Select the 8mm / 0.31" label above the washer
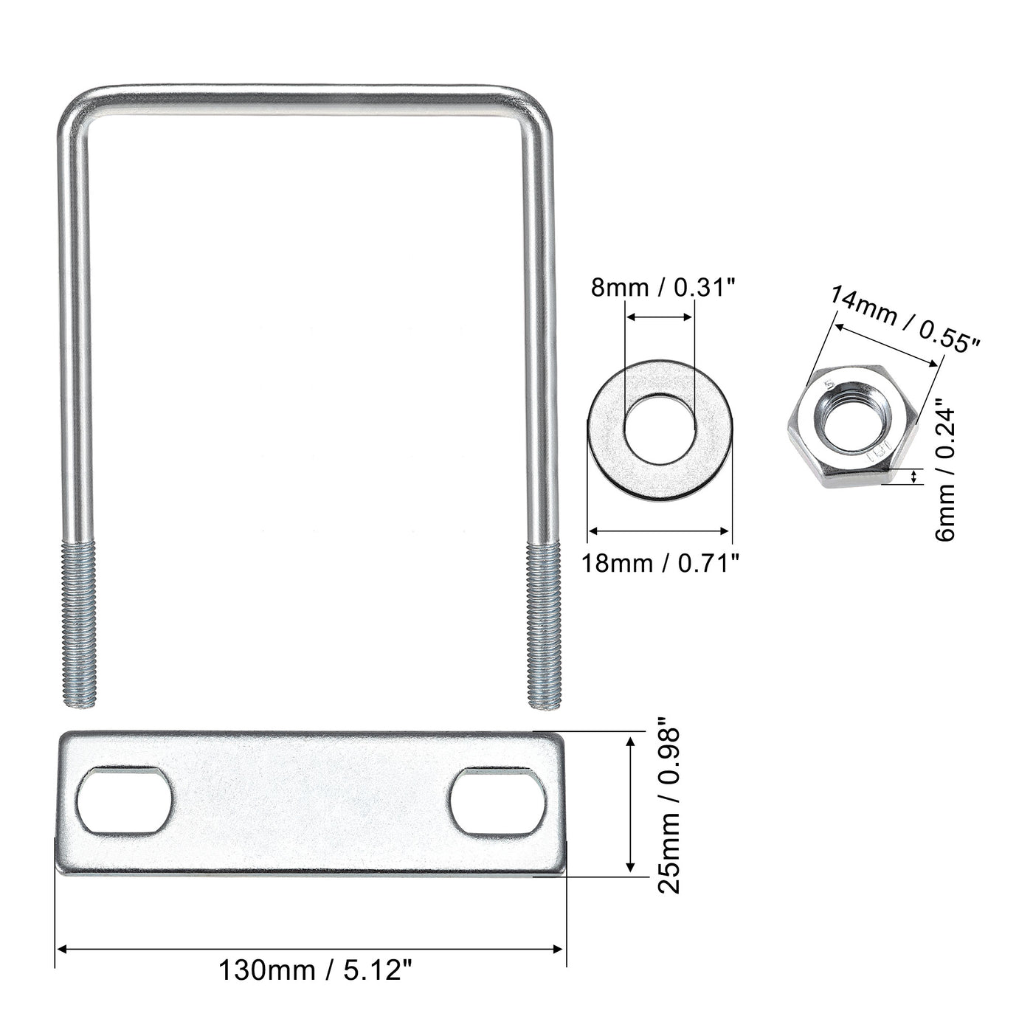click(663, 287)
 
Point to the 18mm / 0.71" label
click(660, 563)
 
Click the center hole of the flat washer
click(660, 427)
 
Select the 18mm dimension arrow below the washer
click(660, 530)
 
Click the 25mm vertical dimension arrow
click(629, 804)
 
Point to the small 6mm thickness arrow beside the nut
click(916, 477)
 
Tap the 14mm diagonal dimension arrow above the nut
click(887, 342)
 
